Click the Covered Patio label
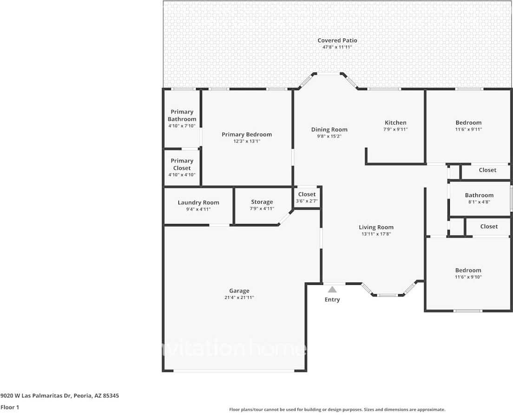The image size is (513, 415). pyautogui.click(x=337, y=40)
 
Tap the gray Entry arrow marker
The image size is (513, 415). pyautogui.click(x=332, y=290)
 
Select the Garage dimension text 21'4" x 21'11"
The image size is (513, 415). pyautogui.click(x=239, y=297)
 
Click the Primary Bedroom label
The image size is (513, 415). pyautogui.click(x=246, y=134)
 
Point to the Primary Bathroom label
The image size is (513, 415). pyautogui.click(x=182, y=115)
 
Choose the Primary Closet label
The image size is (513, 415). pyautogui.click(x=182, y=164)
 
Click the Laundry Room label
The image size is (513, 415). pyautogui.click(x=198, y=203)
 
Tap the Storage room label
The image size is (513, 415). pyautogui.click(x=262, y=202)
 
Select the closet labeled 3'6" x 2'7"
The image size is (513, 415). pyautogui.click(x=307, y=201)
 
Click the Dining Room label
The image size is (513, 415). pyautogui.click(x=329, y=130)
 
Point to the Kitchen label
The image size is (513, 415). pyautogui.click(x=395, y=123)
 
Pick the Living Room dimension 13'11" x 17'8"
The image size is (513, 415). pyautogui.click(x=376, y=234)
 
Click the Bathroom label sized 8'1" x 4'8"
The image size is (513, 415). pyautogui.click(x=479, y=195)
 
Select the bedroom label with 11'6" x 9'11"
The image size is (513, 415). pyautogui.click(x=468, y=123)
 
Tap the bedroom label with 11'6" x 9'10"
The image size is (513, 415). pyautogui.click(x=468, y=270)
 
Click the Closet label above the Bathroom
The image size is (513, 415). pyautogui.click(x=487, y=170)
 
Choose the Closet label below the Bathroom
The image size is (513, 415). pyautogui.click(x=489, y=226)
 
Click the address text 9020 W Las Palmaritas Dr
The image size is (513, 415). pyautogui.click(x=59, y=396)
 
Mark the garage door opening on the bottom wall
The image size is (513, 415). pyautogui.click(x=234, y=370)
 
